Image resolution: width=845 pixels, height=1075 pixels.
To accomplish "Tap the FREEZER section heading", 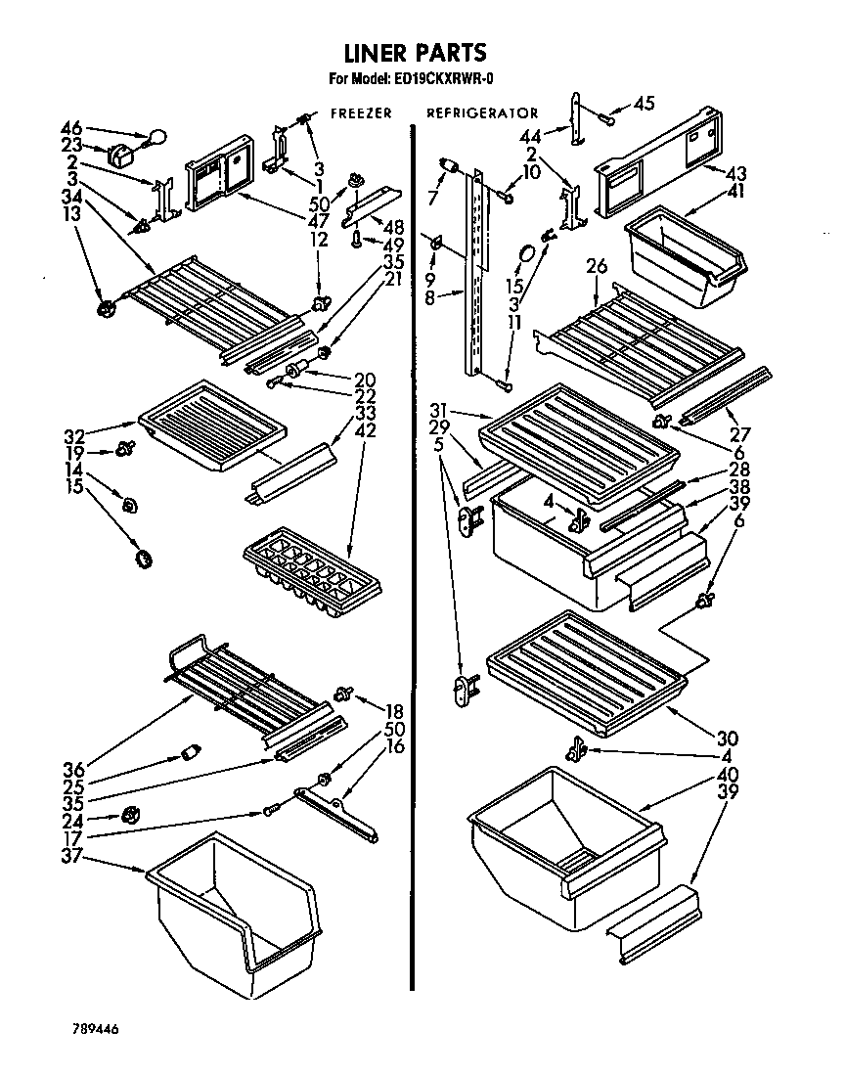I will click(361, 113).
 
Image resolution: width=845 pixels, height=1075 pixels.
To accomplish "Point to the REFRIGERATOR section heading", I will click(482, 113).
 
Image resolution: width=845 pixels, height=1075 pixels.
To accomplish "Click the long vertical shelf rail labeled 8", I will click(476, 274).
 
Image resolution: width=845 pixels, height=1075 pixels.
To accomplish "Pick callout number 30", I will click(727, 739).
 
